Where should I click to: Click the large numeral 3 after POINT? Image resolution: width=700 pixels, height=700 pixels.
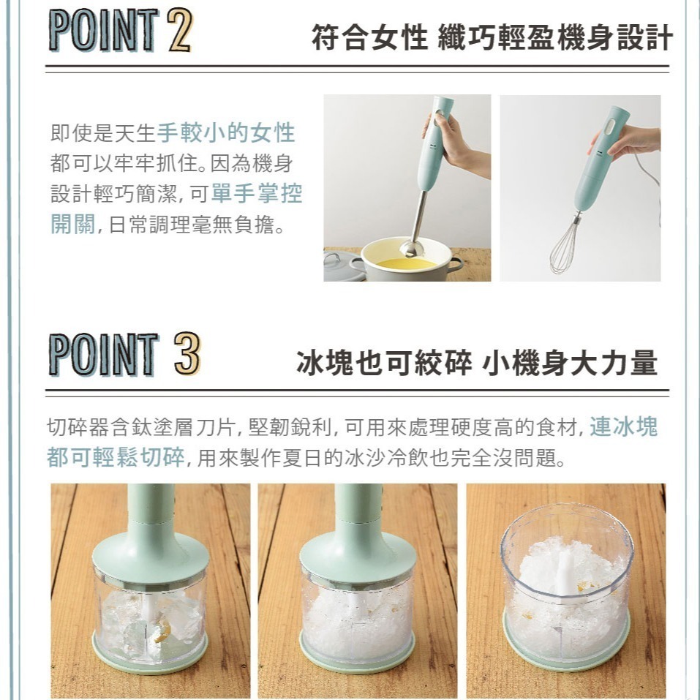point(187,353)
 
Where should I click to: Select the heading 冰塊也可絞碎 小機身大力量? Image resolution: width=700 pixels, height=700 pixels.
point(477,362)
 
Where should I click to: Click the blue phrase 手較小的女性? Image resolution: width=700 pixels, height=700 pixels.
point(226,132)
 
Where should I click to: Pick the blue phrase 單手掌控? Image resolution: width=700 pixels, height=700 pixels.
point(257,193)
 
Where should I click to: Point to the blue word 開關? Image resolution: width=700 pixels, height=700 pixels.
point(72,224)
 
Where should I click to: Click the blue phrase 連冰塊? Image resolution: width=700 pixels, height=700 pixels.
point(624,426)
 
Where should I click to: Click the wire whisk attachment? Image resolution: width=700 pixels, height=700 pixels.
point(565,244)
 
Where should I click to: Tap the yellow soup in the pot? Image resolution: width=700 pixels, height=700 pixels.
point(406,263)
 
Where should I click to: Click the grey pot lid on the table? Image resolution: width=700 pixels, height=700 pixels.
point(343,266)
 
